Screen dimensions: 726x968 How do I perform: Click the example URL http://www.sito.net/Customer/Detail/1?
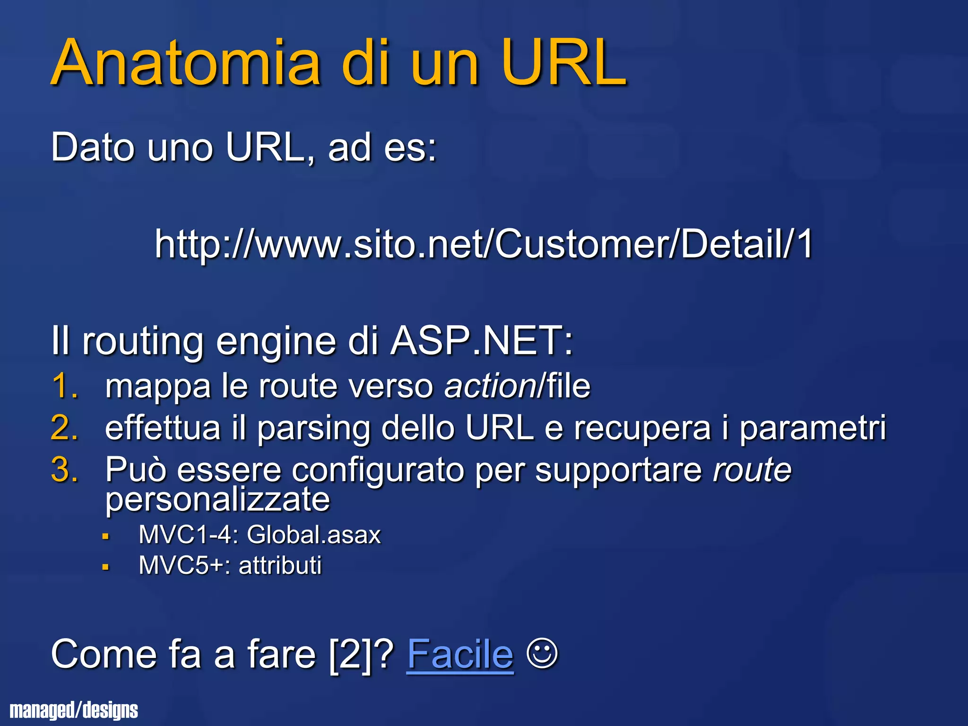click(484, 244)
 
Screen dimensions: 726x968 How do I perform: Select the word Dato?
click(93, 147)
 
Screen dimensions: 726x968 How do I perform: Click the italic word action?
click(490, 386)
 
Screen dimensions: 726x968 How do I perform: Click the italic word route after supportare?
click(752, 470)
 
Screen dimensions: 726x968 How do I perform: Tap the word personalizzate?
click(217, 500)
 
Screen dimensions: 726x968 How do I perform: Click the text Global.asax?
click(313, 535)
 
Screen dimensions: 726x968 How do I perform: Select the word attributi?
click(280, 565)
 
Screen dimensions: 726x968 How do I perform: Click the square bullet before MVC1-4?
click(106, 536)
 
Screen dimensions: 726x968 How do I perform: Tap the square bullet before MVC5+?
click(106, 566)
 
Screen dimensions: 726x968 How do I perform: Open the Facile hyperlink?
click(459, 654)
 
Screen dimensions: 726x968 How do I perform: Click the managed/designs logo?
click(74, 710)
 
